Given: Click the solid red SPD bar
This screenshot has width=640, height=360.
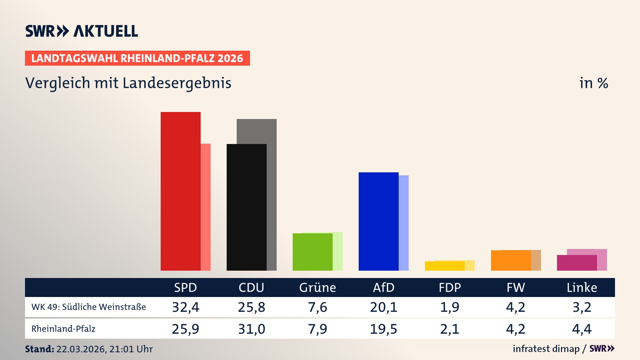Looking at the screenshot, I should [x=180, y=191].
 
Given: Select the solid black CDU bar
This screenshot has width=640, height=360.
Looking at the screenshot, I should [x=246, y=207].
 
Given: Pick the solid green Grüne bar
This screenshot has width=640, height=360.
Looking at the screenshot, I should [x=312, y=252].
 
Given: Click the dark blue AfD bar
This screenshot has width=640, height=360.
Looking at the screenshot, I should [x=378, y=221].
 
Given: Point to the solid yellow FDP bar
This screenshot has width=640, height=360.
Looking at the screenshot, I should [x=444, y=266].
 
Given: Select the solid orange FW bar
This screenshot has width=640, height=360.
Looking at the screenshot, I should [x=511, y=260].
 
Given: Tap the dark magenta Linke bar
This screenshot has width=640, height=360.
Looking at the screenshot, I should [x=577, y=263].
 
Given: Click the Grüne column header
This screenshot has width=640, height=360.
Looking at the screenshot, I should [x=317, y=287].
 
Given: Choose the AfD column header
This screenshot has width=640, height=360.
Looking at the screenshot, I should [x=383, y=287].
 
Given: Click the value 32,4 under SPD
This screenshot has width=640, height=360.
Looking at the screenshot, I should [x=185, y=307].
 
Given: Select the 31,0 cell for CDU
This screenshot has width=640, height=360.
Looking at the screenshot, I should [x=251, y=329].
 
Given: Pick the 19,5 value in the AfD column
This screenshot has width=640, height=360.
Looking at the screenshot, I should [x=383, y=329].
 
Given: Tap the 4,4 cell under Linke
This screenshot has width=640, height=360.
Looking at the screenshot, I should [x=582, y=329].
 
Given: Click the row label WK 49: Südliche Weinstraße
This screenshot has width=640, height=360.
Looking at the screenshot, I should [x=89, y=307].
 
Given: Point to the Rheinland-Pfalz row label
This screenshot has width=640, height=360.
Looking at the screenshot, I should [x=63, y=329].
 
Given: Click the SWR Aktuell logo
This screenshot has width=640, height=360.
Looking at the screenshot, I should [x=82, y=31].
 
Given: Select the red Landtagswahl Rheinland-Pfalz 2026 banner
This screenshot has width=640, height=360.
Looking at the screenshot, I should [x=137, y=58].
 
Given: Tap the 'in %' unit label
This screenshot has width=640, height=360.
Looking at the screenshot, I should [x=593, y=83].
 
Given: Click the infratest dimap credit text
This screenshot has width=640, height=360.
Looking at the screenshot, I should [x=546, y=349].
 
